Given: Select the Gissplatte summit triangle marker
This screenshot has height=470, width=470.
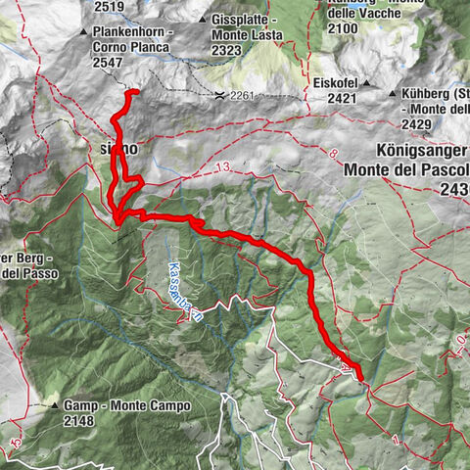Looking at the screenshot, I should click(202, 20).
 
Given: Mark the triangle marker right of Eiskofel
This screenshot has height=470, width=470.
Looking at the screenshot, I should click(364, 83).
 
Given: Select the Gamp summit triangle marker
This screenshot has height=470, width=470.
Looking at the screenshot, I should click(53, 404).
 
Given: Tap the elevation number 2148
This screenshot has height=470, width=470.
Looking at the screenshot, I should click(83, 421).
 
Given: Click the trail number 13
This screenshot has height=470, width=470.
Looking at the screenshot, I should click(227, 169).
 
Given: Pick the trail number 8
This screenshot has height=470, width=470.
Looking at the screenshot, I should click(333, 155).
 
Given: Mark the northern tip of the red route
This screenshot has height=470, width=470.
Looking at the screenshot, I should click(133, 92).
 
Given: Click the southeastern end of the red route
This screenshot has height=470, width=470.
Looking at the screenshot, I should click(359, 378).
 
